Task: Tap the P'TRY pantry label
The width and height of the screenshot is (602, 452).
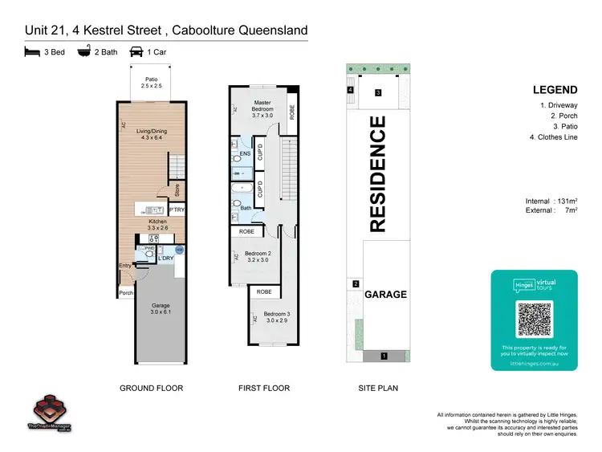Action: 177,210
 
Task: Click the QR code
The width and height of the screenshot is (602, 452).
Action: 534,319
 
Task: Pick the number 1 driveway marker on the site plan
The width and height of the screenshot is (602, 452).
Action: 384,355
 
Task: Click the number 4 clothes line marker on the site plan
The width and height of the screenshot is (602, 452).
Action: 351,90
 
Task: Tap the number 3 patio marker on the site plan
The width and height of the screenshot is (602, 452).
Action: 377,93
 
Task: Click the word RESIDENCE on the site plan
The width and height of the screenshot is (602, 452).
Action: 377,174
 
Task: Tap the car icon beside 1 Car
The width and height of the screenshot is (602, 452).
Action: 136,52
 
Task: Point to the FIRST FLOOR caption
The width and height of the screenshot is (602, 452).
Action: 263,388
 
